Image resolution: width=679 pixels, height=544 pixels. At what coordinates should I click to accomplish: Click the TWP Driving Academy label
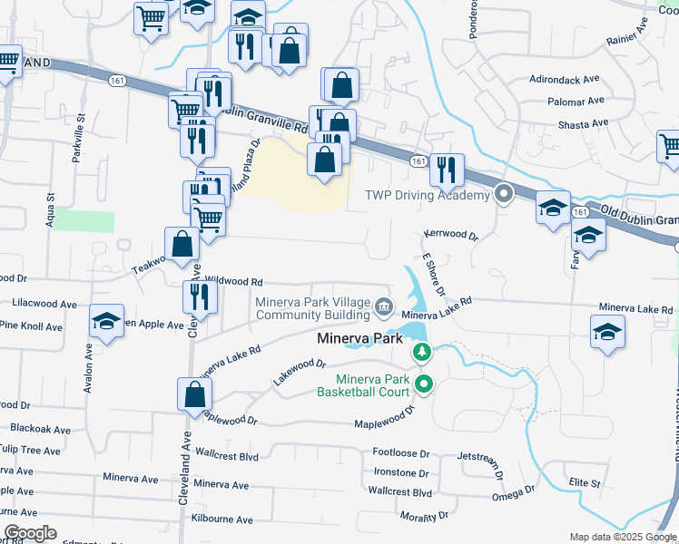[x=427, y=195]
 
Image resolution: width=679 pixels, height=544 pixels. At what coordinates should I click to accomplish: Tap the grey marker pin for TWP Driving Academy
[x=505, y=194]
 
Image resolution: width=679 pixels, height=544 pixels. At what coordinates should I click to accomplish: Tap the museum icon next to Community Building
[x=384, y=308]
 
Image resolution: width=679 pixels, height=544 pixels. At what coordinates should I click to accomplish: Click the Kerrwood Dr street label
[x=450, y=235]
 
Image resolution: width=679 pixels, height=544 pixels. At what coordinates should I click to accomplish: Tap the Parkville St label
[x=80, y=137]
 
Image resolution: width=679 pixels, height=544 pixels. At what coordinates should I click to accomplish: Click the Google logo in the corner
[x=29, y=533]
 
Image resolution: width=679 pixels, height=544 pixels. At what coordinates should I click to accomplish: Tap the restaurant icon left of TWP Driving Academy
[x=446, y=169]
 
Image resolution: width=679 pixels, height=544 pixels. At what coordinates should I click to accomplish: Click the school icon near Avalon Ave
[x=107, y=322]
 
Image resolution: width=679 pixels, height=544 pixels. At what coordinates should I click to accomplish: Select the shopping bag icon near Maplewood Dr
[x=194, y=394]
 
